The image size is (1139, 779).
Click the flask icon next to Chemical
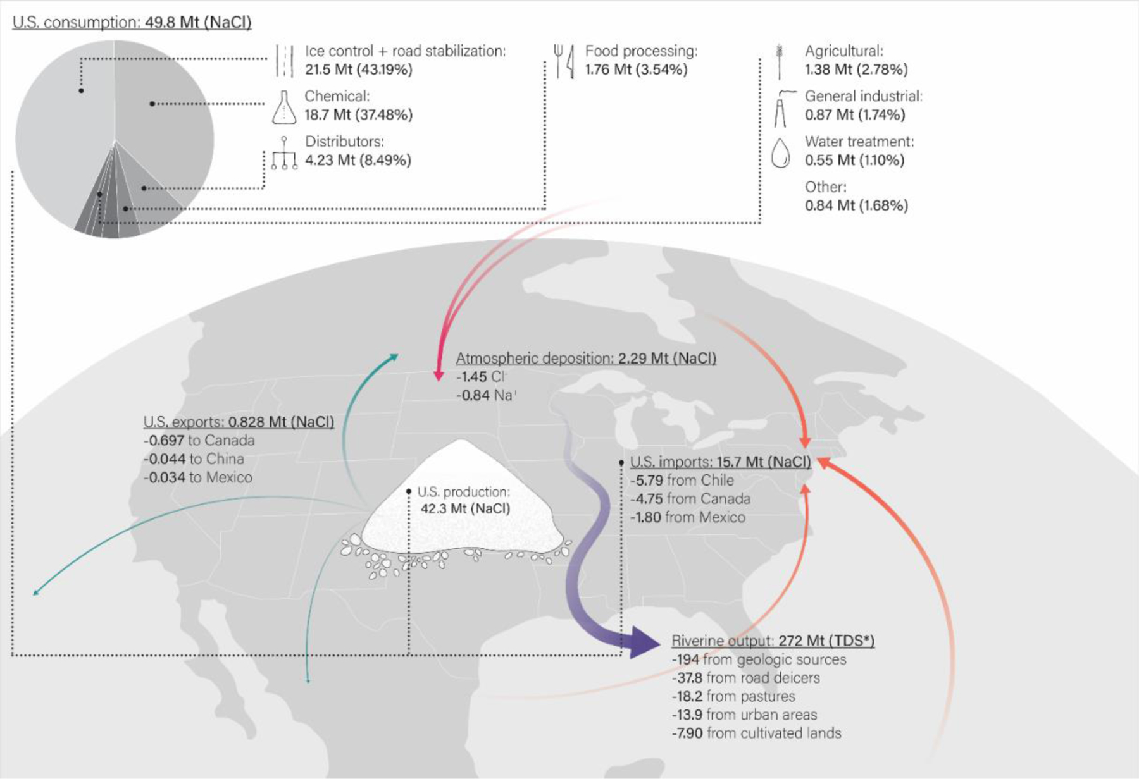click(284, 107)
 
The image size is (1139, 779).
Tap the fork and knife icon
click(563, 61)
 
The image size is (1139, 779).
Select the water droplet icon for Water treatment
click(781, 152)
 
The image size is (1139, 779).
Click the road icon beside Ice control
click(285, 61)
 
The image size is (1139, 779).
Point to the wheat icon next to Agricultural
click(780, 61)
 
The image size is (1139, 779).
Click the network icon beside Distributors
click(284, 154)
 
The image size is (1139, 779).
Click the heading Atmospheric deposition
click(534, 359)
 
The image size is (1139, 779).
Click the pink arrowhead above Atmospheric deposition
click(438, 375)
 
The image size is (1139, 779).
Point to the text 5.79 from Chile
click(683, 481)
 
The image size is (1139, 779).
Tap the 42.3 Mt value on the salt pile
click(465, 508)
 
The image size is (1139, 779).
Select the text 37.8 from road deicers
click(747, 678)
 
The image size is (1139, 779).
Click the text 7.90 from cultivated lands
click(757, 733)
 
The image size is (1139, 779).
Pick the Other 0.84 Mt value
click(856, 206)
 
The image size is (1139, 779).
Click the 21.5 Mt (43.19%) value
click(358, 70)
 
